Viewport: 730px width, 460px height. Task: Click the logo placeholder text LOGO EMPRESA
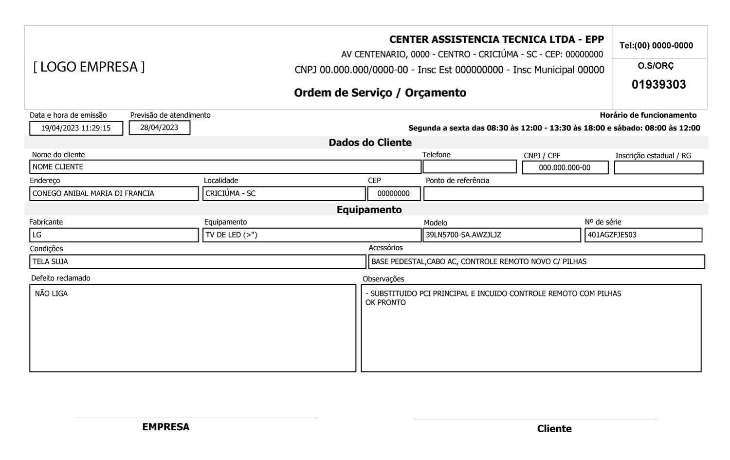(x=89, y=67)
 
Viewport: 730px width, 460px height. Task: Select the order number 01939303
(x=658, y=85)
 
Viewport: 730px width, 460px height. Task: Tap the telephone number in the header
(x=656, y=46)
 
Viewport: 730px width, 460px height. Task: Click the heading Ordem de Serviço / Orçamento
(x=380, y=93)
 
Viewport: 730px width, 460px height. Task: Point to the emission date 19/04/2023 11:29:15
(x=76, y=128)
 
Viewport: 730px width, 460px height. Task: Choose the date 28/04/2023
(x=159, y=128)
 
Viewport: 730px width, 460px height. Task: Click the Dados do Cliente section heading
(x=370, y=143)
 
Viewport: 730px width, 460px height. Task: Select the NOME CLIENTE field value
(x=58, y=167)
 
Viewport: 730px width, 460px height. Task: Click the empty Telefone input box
(x=469, y=167)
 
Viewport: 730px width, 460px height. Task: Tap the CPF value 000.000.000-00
(x=565, y=168)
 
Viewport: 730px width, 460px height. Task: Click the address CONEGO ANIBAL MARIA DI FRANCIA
(x=93, y=194)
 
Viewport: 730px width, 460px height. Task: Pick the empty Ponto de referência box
(x=563, y=194)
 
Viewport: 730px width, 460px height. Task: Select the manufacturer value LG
(x=37, y=235)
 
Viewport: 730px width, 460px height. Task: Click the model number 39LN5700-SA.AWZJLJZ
(x=463, y=235)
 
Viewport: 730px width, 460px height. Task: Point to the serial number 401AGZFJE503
(x=612, y=235)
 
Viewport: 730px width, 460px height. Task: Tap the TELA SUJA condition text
(x=50, y=262)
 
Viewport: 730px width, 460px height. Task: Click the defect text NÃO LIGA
(x=51, y=294)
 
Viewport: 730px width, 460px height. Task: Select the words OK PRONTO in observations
(x=385, y=303)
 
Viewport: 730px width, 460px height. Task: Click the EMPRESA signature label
(x=166, y=427)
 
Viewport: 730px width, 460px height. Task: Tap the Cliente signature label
(x=554, y=429)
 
